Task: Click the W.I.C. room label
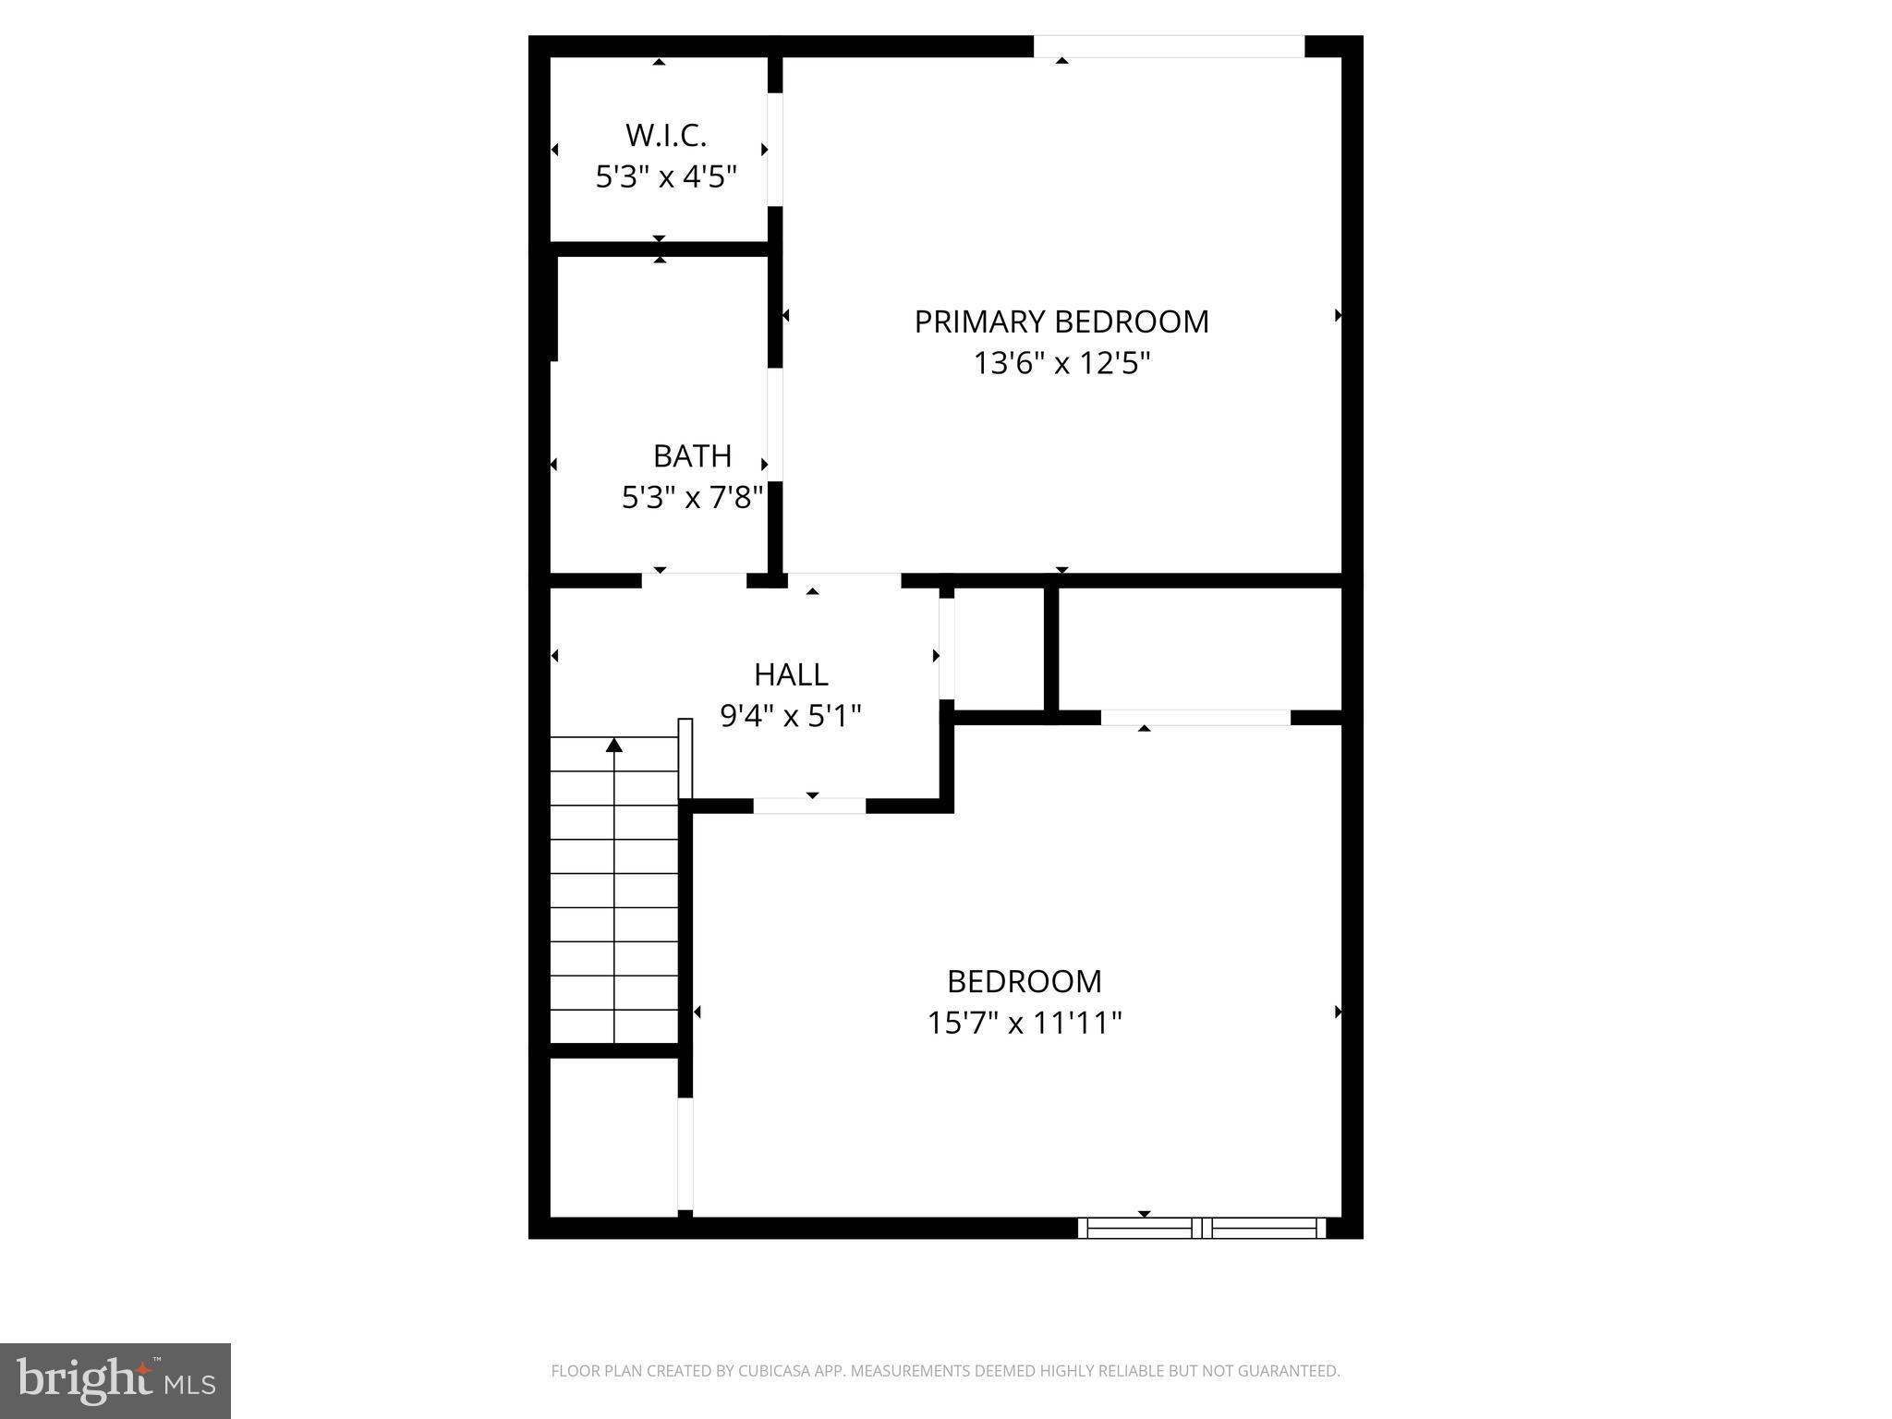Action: (x=665, y=135)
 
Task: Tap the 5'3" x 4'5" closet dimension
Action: (x=665, y=176)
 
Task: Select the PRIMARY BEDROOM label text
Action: (x=1061, y=321)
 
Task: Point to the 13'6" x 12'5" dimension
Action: (x=1061, y=363)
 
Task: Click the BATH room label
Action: (x=692, y=455)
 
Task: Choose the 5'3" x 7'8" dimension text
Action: (x=692, y=498)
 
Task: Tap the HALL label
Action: (x=791, y=674)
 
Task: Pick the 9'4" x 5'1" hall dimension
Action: (x=791, y=715)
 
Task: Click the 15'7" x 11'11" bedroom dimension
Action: (x=1025, y=1023)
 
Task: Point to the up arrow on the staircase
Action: (x=614, y=745)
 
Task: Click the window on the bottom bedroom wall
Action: (x=1202, y=1228)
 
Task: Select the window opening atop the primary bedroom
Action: (x=1169, y=46)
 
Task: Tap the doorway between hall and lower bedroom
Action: (x=809, y=806)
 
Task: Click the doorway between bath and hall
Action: (x=694, y=580)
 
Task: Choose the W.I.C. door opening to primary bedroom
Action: (x=775, y=150)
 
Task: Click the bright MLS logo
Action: (x=115, y=1381)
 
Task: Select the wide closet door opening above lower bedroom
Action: (x=1195, y=717)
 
